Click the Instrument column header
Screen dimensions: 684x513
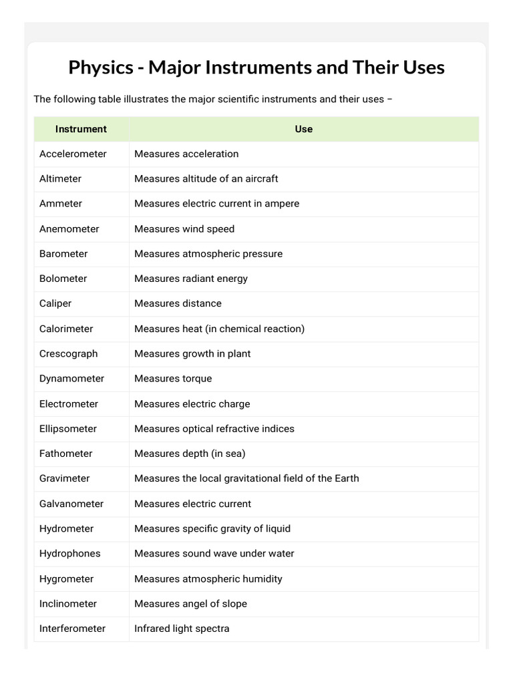81,129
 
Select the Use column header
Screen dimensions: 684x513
303,129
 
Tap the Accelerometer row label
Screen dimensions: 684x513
73,154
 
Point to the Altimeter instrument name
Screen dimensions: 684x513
60,178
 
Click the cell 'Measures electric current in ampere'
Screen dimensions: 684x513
216,203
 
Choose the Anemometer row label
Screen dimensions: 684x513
69,228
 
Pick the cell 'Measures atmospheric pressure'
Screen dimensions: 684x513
208,254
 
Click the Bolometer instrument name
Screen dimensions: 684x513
63,279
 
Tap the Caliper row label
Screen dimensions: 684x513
55,303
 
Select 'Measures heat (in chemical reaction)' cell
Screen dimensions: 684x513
219,329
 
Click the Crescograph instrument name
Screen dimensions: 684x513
68,353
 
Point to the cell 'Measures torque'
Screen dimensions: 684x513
173,378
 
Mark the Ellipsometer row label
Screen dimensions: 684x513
67,428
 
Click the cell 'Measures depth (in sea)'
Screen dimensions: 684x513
190,454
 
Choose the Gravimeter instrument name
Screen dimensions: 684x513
64,478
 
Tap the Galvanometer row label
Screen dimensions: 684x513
71,504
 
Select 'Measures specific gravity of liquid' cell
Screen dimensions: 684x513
212,528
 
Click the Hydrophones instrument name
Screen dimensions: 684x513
69,553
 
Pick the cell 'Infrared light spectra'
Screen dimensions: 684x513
182,629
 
